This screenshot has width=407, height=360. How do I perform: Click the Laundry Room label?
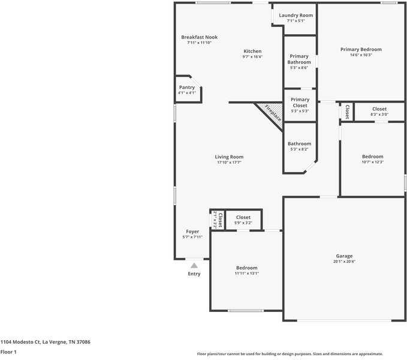coord(296,16)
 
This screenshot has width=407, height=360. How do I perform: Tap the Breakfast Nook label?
coord(200,37)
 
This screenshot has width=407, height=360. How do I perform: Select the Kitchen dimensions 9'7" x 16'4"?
coord(252,56)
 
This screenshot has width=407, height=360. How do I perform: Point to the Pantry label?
coord(187,88)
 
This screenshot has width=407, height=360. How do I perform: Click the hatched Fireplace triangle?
coord(272,113)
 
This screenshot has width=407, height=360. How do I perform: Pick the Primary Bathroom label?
coord(299,59)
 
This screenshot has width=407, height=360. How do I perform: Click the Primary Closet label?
coord(300,103)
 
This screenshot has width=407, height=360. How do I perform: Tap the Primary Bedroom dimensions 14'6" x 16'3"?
coord(361,55)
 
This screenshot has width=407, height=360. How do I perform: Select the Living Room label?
coord(229,157)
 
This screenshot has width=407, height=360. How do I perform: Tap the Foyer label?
coord(192,232)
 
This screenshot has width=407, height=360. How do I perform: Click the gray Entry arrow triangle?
coord(194,265)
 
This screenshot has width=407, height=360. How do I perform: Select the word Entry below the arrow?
coord(194,274)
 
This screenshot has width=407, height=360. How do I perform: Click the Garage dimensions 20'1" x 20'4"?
coord(344,262)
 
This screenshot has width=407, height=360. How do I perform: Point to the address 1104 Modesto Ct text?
coord(21,342)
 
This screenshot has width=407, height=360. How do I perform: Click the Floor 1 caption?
coord(8,352)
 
